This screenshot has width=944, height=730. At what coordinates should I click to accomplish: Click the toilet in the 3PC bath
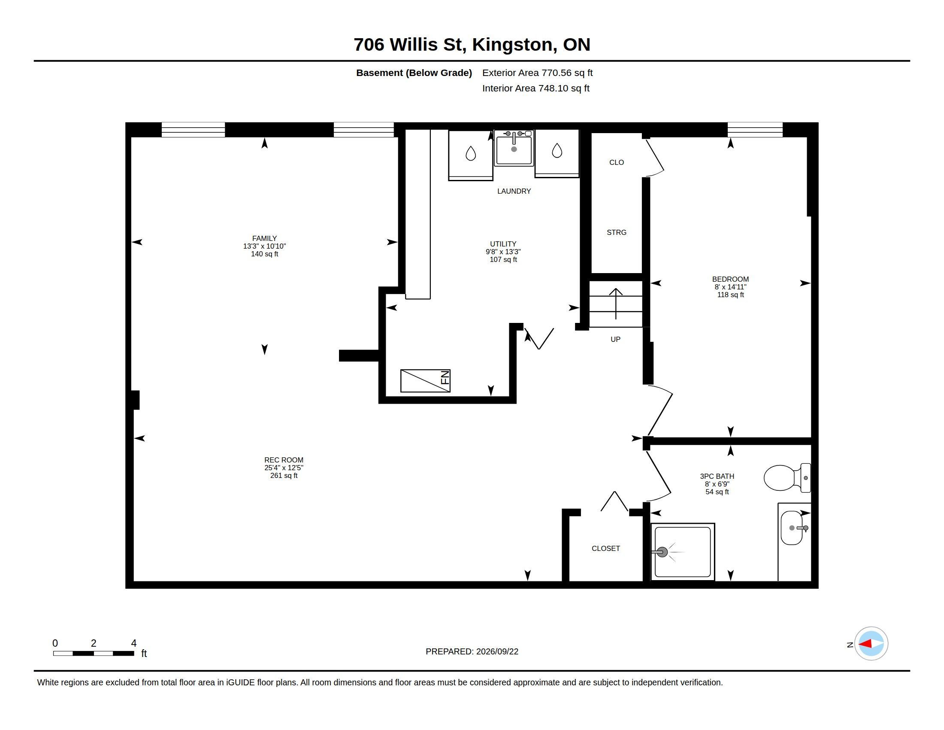(x=787, y=478)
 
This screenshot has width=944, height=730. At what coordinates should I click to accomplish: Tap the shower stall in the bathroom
(x=683, y=552)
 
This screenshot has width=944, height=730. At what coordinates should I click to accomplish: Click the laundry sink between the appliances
(x=514, y=148)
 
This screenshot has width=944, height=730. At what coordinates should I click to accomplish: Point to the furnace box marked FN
(x=425, y=380)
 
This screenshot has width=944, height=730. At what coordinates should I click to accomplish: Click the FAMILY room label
(x=264, y=238)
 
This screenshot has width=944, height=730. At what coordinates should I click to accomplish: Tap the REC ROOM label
(x=284, y=460)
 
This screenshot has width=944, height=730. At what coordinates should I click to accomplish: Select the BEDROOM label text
(x=730, y=280)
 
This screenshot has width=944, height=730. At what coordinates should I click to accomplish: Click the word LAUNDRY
(x=514, y=191)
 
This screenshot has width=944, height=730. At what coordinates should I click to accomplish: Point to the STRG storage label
(x=616, y=233)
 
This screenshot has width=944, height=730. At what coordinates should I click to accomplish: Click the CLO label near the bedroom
(x=616, y=163)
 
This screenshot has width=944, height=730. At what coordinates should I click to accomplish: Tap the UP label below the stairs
(x=615, y=340)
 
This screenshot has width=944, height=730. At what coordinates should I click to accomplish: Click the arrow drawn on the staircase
(x=616, y=304)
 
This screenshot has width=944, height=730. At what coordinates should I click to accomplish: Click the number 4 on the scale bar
(x=133, y=643)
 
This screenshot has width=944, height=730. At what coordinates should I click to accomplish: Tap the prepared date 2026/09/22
(x=497, y=652)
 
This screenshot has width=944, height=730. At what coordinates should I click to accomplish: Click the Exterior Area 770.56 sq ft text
(x=537, y=73)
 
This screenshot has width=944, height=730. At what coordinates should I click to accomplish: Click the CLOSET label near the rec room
(x=605, y=548)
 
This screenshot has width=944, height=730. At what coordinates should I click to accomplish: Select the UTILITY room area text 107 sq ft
(x=503, y=260)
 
